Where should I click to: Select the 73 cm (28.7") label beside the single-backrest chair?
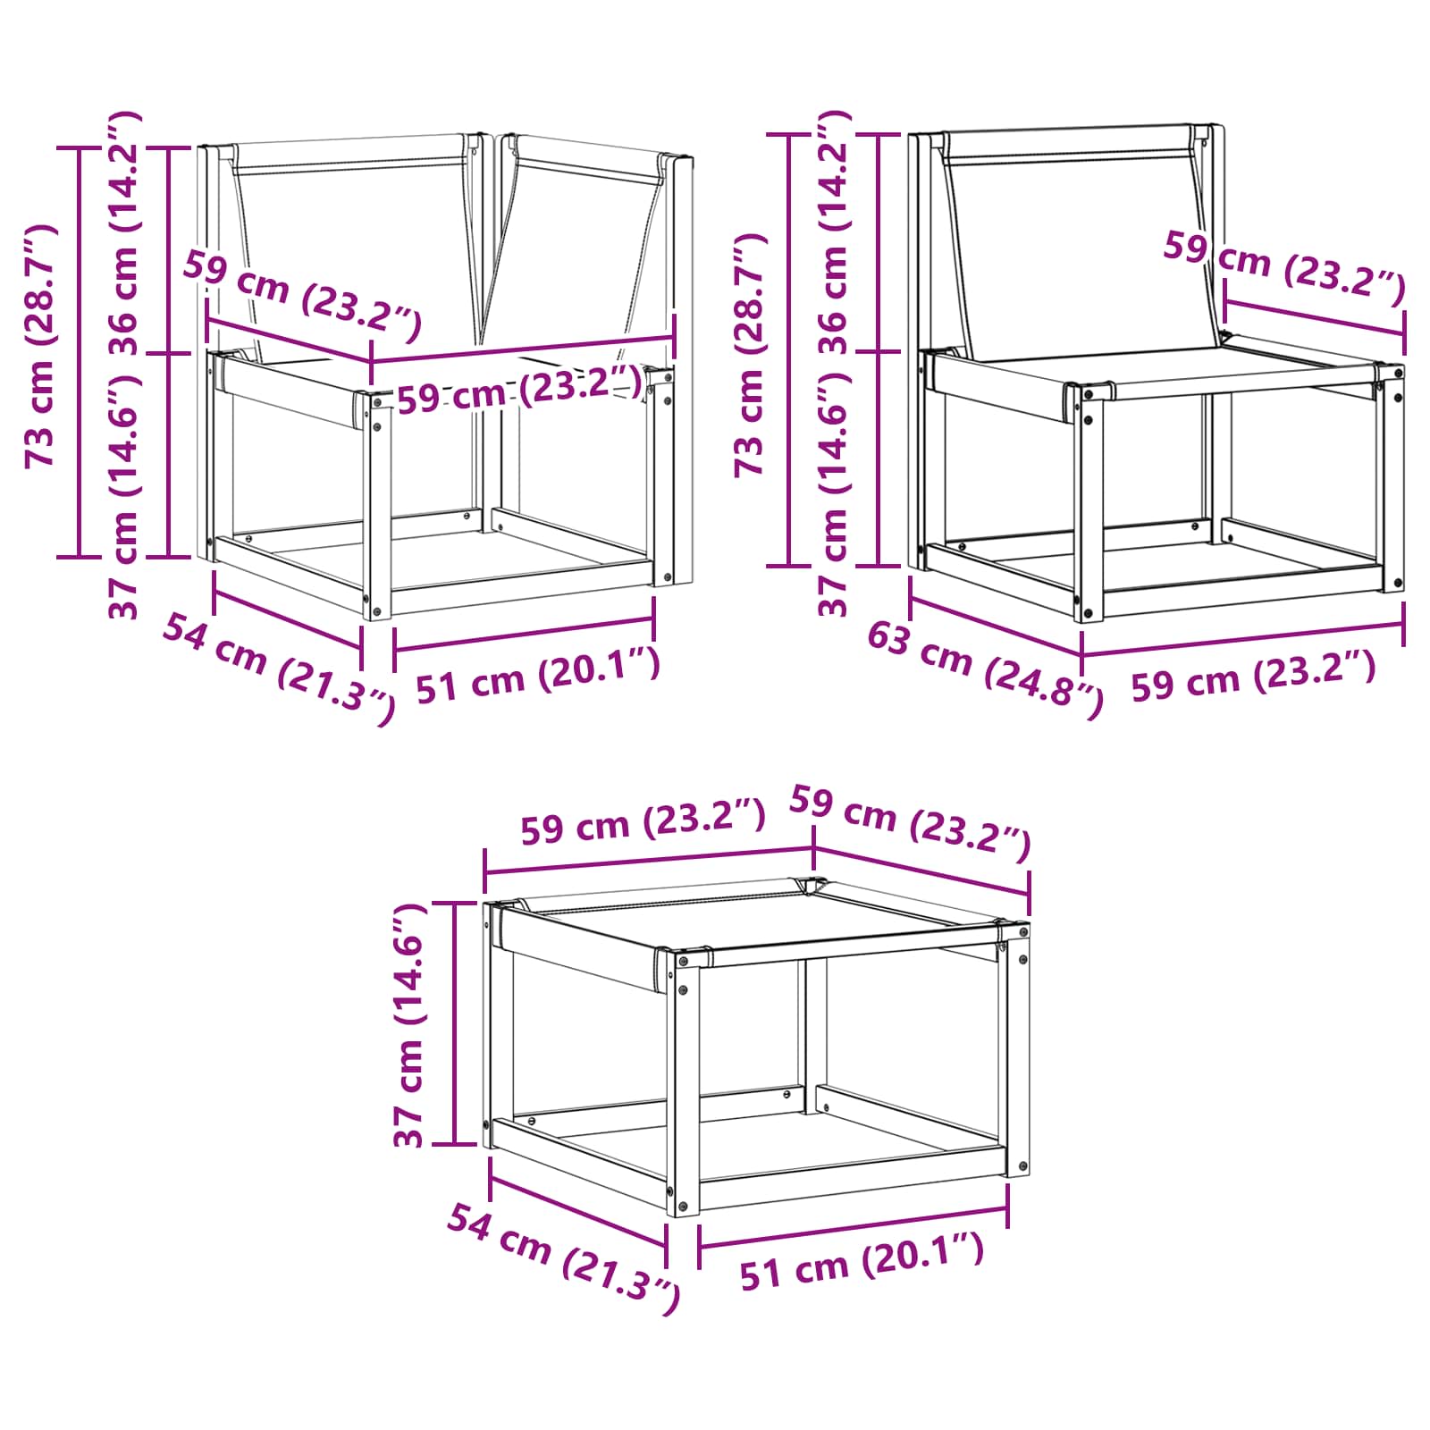751,355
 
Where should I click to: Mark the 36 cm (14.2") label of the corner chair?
124,234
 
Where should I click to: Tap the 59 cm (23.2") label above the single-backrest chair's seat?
1284,265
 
